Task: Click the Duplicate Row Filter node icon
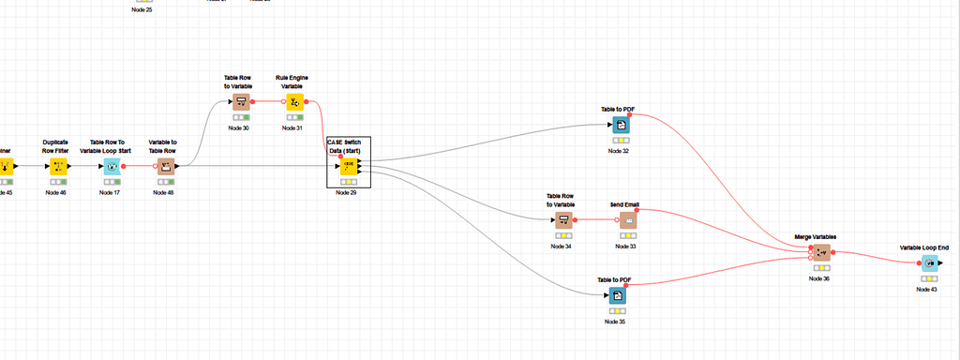point(57,167)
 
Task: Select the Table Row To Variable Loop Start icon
point(112,167)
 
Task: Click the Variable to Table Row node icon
point(164,167)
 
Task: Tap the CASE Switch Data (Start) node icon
point(348,167)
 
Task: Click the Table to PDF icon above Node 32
point(619,125)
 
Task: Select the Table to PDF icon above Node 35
point(616,295)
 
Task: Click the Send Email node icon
point(627,219)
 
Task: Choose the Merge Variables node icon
point(821,253)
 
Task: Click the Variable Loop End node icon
point(928,264)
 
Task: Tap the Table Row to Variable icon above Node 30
point(240,101)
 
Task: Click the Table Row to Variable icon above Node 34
point(562,219)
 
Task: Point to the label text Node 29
point(347,192)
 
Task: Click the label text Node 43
point(926,290)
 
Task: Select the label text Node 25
point(142,9)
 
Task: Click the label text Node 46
point(56,192)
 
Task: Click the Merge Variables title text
point(815,237)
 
